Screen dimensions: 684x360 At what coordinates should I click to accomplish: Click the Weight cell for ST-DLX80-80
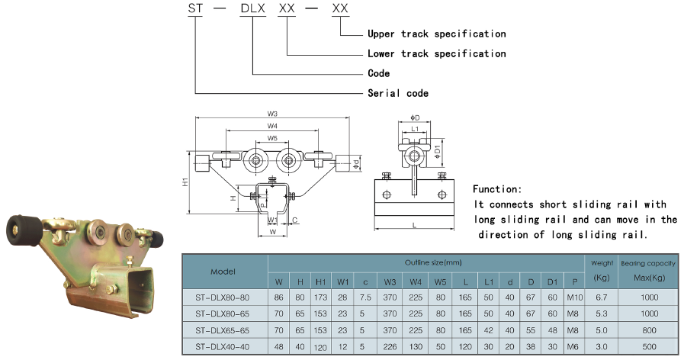[601, 297]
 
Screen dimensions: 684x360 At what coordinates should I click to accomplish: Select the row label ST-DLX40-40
[223, 347]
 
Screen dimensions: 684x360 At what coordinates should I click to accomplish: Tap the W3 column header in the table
[390, 282]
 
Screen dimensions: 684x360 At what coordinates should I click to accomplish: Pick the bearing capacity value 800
[649, 330]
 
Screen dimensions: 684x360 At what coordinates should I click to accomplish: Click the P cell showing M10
[574, 297]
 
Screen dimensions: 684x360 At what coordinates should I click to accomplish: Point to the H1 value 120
[320, 347]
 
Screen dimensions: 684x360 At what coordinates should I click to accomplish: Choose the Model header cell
[223, 272]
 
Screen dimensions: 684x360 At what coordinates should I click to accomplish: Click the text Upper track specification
[437, 34]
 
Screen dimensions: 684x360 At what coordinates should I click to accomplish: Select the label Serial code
[398, 93]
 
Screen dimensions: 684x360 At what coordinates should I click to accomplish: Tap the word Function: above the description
[497, 189]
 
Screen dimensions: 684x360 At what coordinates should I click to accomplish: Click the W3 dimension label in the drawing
[272, 114]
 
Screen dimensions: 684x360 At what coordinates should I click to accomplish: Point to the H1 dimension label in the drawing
[185, 182]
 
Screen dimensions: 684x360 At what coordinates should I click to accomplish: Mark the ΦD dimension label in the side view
[415, 117]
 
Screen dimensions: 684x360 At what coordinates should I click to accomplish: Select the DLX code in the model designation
[253, 8]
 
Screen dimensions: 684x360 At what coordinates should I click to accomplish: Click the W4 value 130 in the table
[416, 347]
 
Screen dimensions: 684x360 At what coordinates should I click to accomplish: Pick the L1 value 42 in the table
[488, 330]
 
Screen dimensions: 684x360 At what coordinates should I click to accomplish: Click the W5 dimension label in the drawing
[272, 138]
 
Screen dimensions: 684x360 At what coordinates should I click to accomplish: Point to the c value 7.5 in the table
[365, 297]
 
